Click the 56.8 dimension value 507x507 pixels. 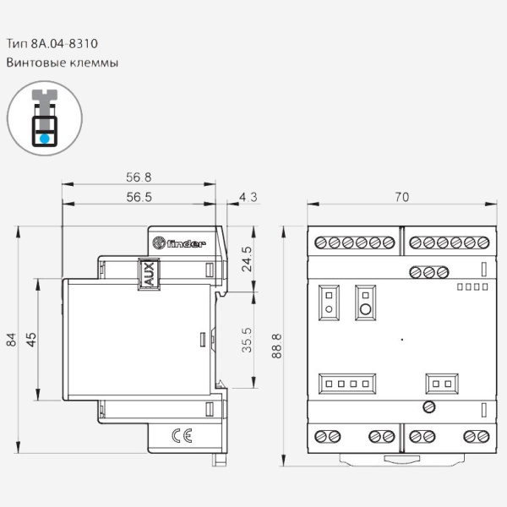point(139,177)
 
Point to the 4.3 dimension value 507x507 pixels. point(248,197)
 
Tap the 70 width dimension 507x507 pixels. point(401,197)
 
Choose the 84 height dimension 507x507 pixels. point(12,340)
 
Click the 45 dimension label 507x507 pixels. point(31,340)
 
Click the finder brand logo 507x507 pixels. point(179,245)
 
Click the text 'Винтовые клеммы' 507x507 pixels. point(63,63)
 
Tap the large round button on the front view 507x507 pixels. point(365,308)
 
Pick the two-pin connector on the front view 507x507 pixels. point(441,384)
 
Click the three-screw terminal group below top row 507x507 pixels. point(428,272)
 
